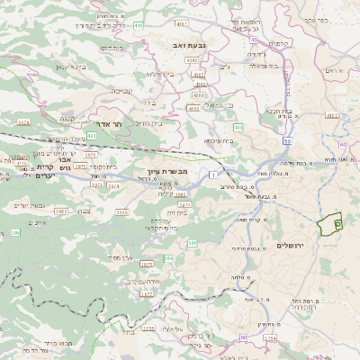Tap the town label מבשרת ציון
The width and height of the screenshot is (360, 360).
pyautogui.click(x=166, y=170)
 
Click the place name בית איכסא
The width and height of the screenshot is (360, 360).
pyautogui.click(x=219, y=140)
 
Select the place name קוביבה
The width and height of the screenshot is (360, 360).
pyautogui.click(x=122, y=90)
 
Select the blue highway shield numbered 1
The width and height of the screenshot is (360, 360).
pyautogui.click(x=211, y=173)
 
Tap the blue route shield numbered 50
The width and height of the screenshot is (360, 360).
pyautogui.click(x=287, y=142)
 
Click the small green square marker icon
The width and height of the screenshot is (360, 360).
pyautogui.click(x=337, y=220)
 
